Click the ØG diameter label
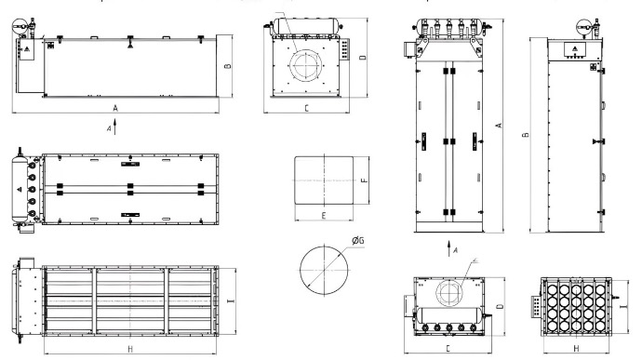(358, 240)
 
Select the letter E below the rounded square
(324, 216)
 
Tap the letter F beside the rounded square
(365, 180)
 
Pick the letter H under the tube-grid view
(576, 349)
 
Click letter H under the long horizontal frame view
(130, 349)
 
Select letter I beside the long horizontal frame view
(231, 301)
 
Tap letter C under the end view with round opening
(307, 108)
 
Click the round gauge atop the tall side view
(583, 28)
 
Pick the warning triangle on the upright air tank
(20, 190)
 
